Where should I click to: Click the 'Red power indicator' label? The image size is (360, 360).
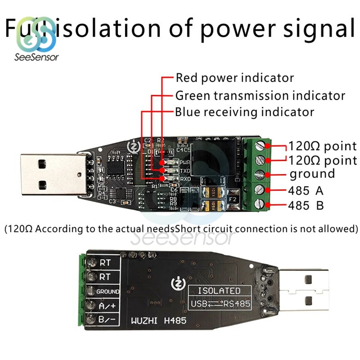pyautogui.click(x=234, y=78)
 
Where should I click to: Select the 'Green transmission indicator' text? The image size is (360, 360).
pyautogui.click(x=260, y=96)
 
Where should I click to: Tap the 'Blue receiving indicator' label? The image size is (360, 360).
pyautogui.click(x=244, y=112)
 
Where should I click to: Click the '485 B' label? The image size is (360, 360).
pyautogui.click(x=306, y=206)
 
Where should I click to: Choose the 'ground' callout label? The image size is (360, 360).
pyautogui.click(x=312, y=174)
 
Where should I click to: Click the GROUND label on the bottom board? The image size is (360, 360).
pyautogui.click(x=108, y=291)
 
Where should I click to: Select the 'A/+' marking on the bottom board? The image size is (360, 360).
pyautogui.click(x=107, y=306)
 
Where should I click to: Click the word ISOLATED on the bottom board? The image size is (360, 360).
pyautogui.click(x=219, y=291)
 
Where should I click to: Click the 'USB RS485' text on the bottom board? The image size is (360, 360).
pyautogui.click(x=219, y=304)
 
